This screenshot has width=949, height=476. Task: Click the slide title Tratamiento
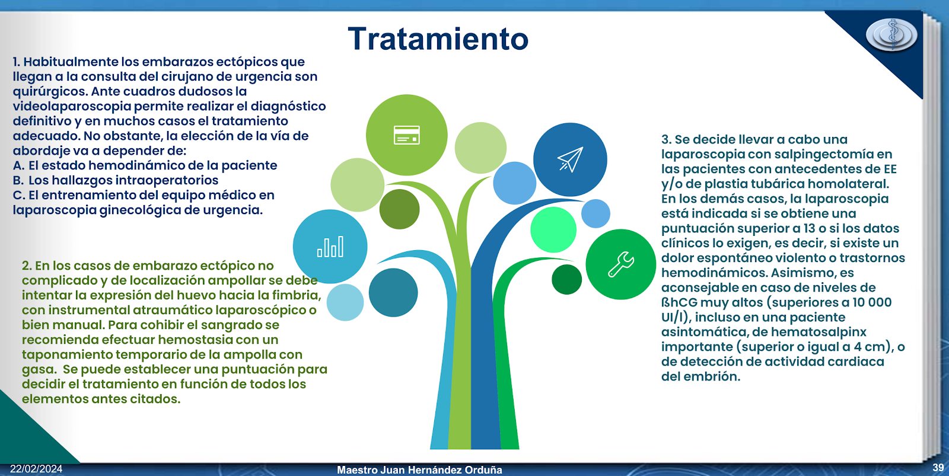pyautogui.click(x=438, y=39)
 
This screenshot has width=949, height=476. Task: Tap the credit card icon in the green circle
pyautogui.click(x=407, y=135)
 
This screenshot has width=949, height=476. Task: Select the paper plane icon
pyautogui.click(x=570, y=159)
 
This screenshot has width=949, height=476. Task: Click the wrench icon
pyautogui.click(x=621, y=264)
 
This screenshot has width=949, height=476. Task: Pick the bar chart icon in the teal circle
pyautogui.click(x=330, y=247)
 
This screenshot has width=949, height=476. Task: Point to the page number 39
pyautogui.click(x=938, y=468)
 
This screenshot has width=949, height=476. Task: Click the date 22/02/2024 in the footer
pyautogui.click(x=36, y=469)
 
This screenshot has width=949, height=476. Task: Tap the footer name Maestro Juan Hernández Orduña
pyautogui.click(x=419, y=469)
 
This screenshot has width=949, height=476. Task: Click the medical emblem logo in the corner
pyautogui.click(x=891, y=35)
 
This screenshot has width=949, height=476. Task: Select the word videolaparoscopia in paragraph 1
pyautogui.click(x=72, y=106)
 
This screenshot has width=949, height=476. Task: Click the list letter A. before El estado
pyautogui.click(x=18, y=165)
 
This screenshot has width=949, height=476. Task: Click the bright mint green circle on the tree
pyautogui.click(x=553, y=229)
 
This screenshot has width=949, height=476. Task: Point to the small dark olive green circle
pyautogui.click(x=400, y=209)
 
